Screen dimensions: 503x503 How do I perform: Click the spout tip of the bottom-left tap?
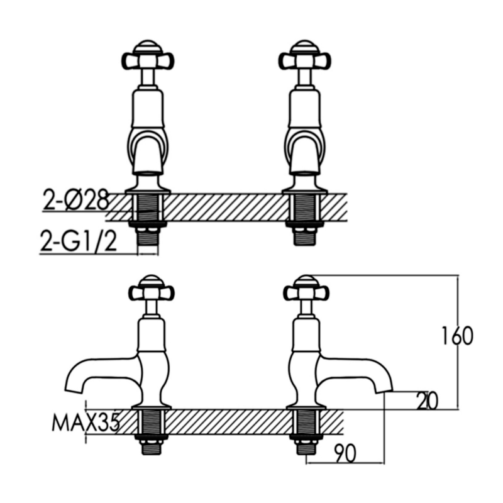[73, 385]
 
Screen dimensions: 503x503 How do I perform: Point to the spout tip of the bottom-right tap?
[384, 385]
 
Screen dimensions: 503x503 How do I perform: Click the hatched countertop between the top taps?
[226, 207]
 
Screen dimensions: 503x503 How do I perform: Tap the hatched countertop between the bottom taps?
[229, 421]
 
